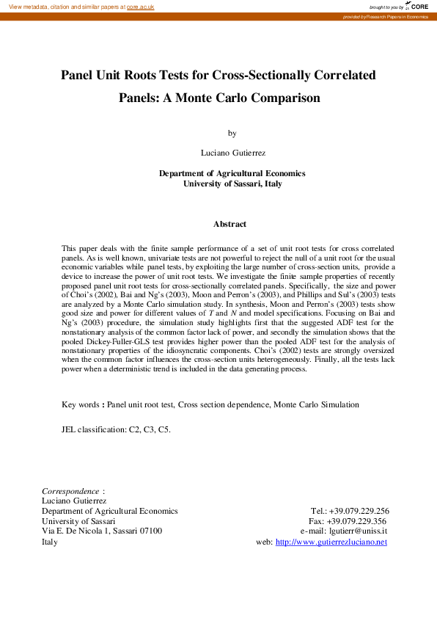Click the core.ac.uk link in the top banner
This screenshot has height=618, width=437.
[140, 7]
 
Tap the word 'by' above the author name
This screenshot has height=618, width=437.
[232, 134]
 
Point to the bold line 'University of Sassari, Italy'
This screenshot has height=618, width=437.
[232, 183]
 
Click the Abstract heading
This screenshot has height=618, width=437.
[229, 224]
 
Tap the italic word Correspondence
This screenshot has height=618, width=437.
[70, 490]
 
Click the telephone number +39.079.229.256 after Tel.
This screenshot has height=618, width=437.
[361, 511]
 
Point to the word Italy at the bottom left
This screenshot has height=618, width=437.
[49, 542]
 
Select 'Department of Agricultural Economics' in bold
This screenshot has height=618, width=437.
[232, 173]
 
